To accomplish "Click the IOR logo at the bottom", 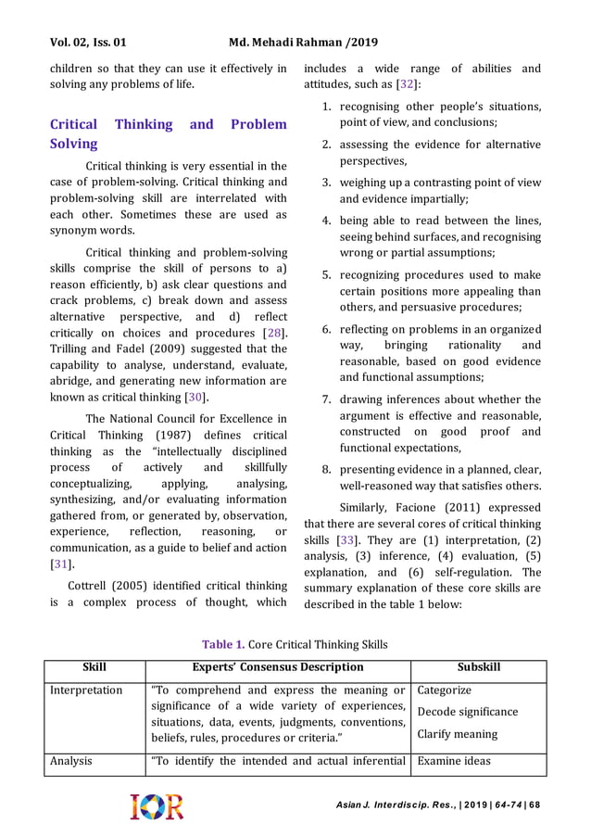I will point(157,806).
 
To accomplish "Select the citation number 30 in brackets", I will point(195,399).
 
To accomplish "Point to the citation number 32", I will point(407,85).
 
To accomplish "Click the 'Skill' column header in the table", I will point(94,667).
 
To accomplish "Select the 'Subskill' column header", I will point(478,667).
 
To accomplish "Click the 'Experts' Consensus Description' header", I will point(277,667).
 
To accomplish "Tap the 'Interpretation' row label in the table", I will point(86,690).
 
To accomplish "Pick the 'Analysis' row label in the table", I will point(71,761).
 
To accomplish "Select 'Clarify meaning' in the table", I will point(458,734).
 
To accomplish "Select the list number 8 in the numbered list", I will point(327,468).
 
